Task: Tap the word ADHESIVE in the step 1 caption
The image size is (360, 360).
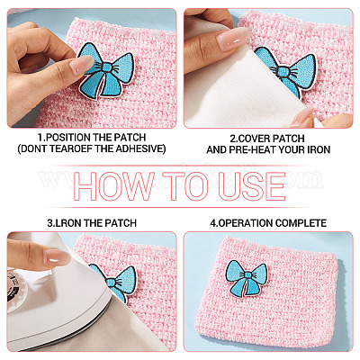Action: click(x=141, y=148)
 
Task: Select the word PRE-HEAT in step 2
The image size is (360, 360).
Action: click(x=253, y=149)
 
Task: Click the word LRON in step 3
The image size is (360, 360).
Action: click(x=67, y=223)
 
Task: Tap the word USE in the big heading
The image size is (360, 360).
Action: click(x=251, y=186)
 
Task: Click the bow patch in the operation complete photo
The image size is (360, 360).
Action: click(x=247, y=278)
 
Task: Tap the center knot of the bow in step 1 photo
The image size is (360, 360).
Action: click(x=107, y=68)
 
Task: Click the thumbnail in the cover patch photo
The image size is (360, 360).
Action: click(x=233, y=39)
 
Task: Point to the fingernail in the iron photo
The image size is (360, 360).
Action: click(x=57, y=257)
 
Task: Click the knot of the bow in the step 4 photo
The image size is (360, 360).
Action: click(x=247, y=275)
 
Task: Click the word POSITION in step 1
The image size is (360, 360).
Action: click(x=69, y=138)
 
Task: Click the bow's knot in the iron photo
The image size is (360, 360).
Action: click(x=111, y=282)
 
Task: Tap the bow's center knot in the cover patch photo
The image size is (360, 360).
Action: click(x=283, y=71)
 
